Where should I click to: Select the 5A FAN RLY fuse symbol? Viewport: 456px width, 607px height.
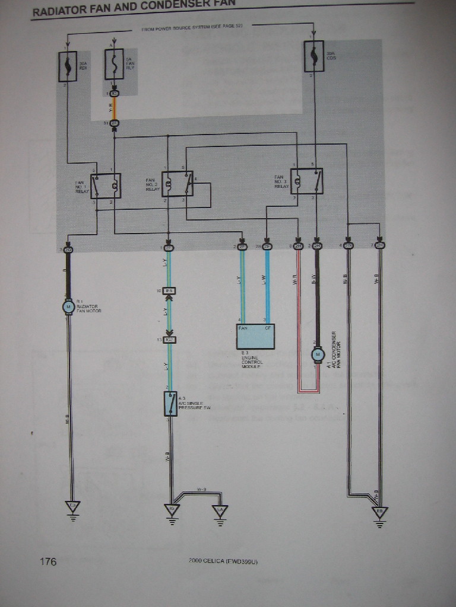click(x=114, y=64)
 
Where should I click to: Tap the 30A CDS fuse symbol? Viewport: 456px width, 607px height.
click(x=313, y=56)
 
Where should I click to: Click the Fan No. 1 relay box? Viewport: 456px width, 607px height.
click(x=106, y=186)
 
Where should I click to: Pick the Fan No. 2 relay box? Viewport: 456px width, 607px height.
click(x=178, y=184)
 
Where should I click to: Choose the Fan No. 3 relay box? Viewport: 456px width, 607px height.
click(x=306, y=181)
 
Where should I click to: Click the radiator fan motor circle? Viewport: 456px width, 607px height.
click(x=68, y=306)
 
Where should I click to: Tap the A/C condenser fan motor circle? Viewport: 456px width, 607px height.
click(x=317, y=354)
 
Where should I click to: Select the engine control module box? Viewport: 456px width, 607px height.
click(x=256, y=336)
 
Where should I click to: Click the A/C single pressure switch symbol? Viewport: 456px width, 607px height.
click(x=170, y=403)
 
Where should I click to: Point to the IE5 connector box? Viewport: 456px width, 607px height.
click(x=169, y=291)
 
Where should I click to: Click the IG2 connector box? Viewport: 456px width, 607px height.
click(x=169, y=340)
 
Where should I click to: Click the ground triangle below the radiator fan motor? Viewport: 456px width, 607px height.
click(x=72, y=507)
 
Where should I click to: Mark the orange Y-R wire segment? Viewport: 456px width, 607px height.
click(x=115, y=108)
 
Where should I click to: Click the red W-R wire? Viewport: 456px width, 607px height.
click(x=298, y=320)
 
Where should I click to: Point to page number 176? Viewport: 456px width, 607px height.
click(x=48, y=561)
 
